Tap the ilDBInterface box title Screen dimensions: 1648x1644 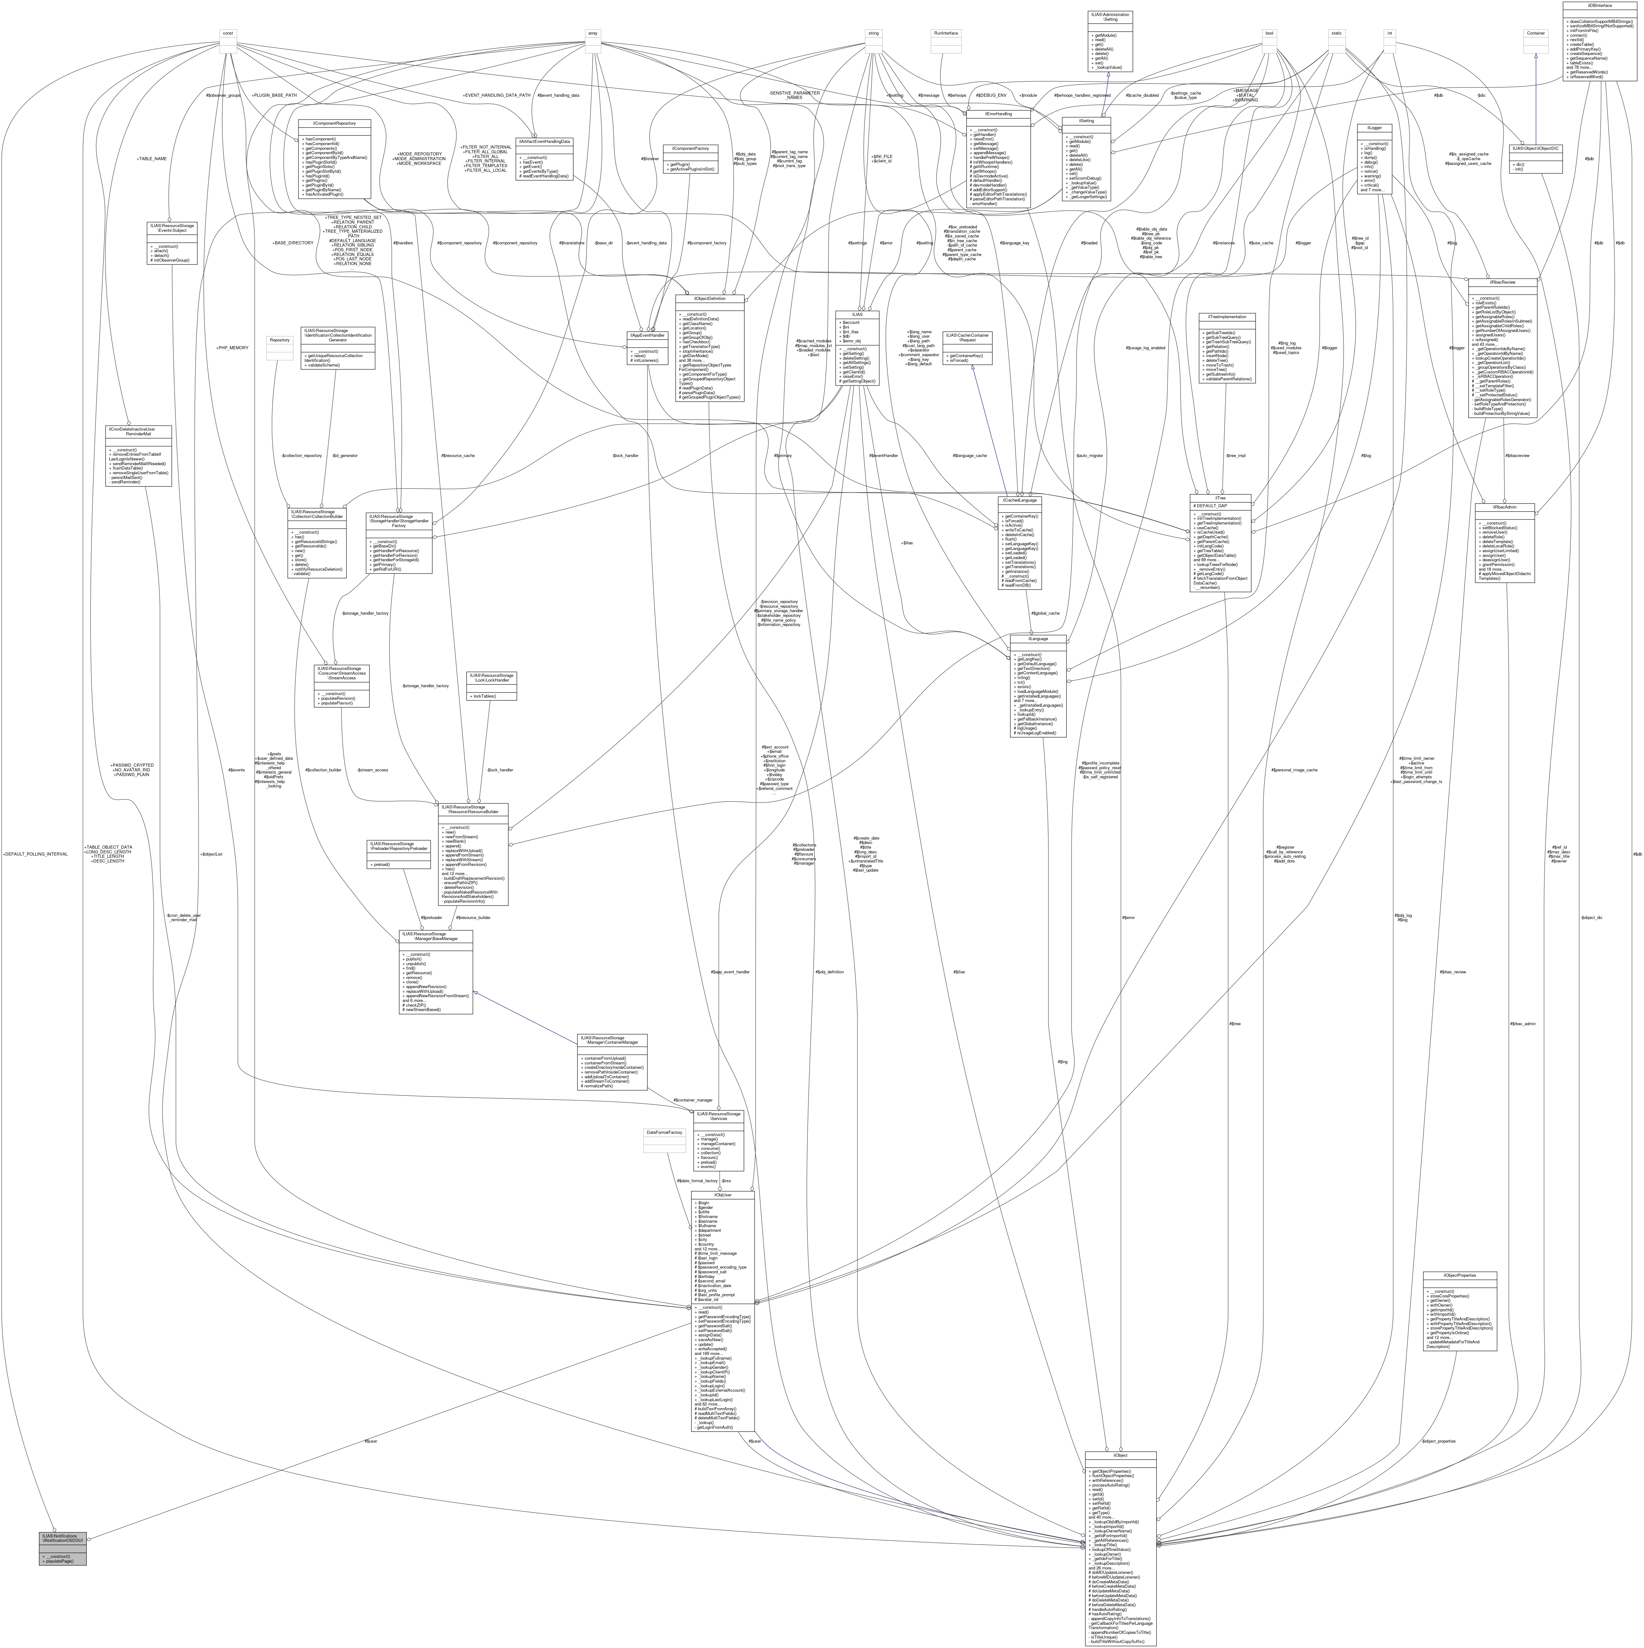[1599, 5]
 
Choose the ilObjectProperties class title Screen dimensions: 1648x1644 [1460, 1275]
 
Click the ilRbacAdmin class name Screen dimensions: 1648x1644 [1510, 507]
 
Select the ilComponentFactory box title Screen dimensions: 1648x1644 [690, 148]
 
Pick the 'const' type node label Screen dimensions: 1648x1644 [228, 33]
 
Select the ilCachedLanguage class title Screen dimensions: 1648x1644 [1018, 500]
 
